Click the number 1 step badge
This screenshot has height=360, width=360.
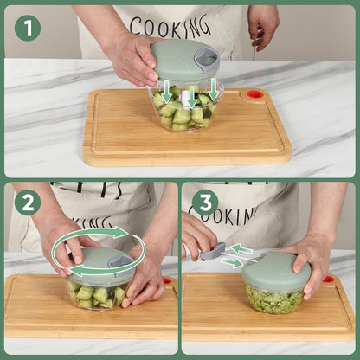tap(28, 28)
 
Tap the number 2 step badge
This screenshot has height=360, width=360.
tap(28, 203)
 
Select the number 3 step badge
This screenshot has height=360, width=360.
tap(204, 203)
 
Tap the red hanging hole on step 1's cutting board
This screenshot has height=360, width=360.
tap(254, 93)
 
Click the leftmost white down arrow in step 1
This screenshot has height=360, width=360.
tap(167, 92)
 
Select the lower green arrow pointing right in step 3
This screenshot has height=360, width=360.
tap(231, 262)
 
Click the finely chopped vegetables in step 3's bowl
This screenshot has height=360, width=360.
tap(273, 299)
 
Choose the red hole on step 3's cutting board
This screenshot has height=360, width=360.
tap(329, 280)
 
